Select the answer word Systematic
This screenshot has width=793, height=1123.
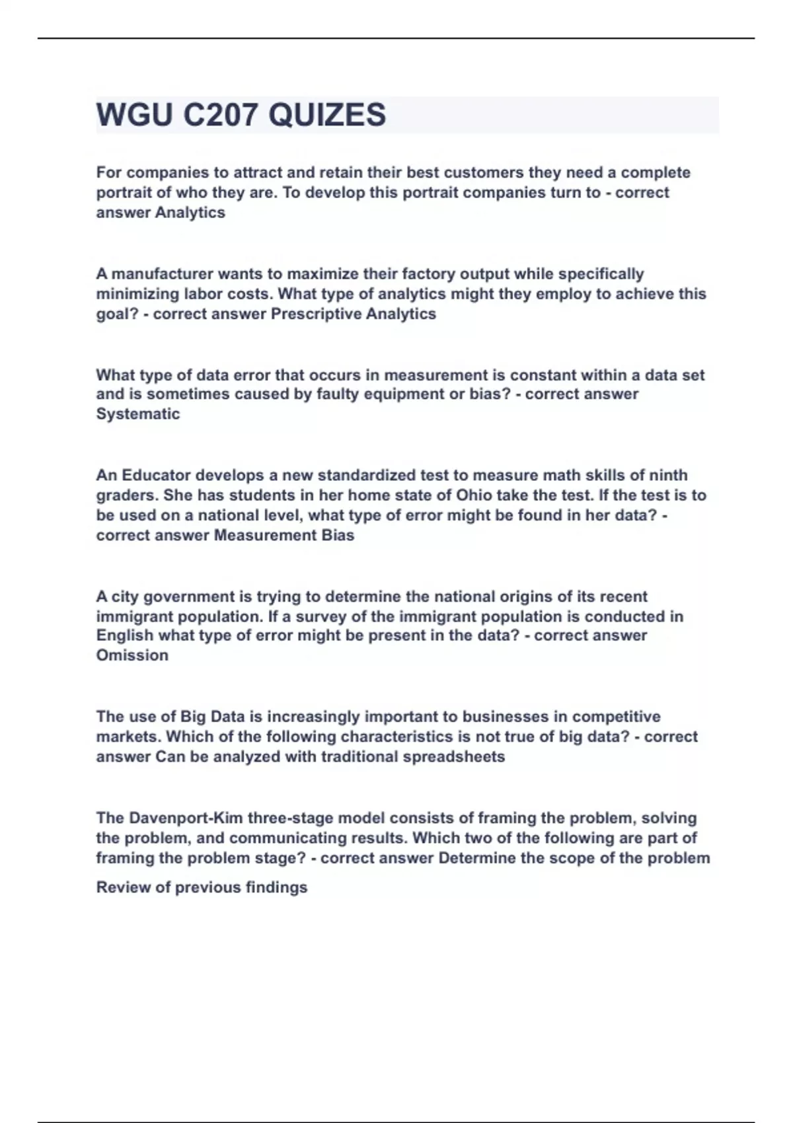pyautogui.click(x=138, y=414)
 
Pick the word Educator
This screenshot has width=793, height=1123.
pyautogui.click(x=155, y=475)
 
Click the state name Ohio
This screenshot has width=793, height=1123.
pyautogui.click(x=474, y=495)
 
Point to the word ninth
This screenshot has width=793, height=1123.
pyautogui.click(x=668, y=475)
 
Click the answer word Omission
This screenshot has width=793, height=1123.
pyautogui.click(x=132, y=655)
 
